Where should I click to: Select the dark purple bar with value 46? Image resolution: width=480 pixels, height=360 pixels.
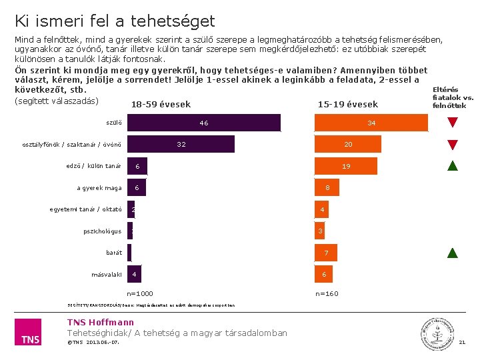(204, 123)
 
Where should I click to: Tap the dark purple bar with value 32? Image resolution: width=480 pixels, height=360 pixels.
(181, 145)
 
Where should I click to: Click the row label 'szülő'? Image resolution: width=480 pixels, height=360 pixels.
(114, 123)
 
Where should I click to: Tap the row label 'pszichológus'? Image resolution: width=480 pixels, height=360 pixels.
(103, 231)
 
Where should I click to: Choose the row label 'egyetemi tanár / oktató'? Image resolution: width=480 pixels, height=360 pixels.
(86, 209)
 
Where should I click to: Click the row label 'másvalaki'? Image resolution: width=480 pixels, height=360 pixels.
(107, 275)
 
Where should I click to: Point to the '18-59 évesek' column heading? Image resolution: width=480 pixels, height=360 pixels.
(161, 105)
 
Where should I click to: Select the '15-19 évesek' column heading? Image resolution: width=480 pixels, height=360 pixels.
(348, 105)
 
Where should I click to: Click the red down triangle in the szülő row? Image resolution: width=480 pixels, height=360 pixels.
(453, 123)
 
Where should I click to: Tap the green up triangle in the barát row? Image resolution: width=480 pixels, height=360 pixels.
(453, 253)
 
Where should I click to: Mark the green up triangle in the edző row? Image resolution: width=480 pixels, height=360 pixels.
(453, 166)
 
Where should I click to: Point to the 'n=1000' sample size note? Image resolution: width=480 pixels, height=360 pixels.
(140, 294)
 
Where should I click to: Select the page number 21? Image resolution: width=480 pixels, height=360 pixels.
(462, 343)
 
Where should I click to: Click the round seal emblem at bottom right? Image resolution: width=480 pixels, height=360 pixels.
(434, 332)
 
